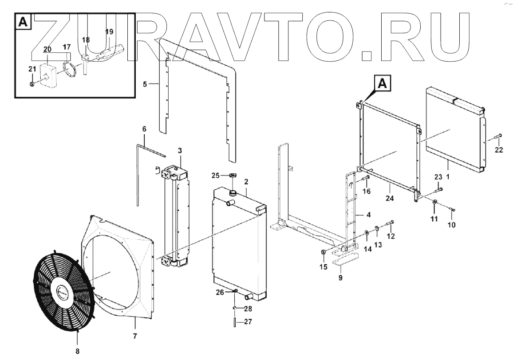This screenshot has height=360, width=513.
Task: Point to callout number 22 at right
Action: tap(499, 150)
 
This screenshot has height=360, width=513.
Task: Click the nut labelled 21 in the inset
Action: tap(32, 84)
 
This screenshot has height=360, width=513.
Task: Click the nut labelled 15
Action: tap(324, 252)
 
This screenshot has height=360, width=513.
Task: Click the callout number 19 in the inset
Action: tap(109, 32)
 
